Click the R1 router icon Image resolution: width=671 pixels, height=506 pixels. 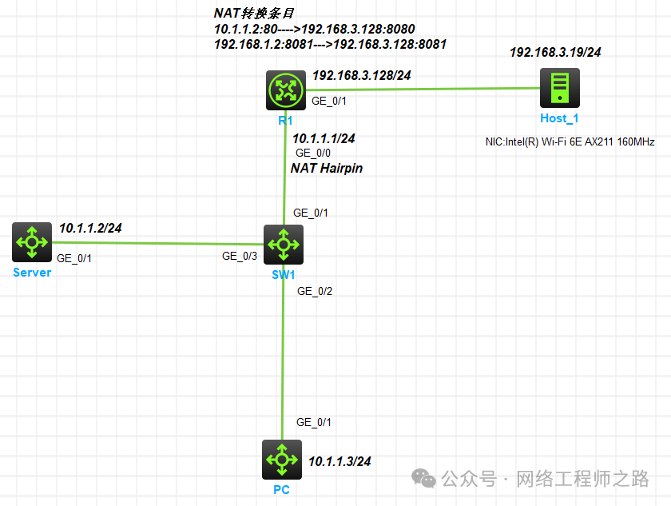(286, 90)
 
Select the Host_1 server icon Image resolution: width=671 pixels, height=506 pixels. (559, 88)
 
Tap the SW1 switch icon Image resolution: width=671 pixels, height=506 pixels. (284, 244)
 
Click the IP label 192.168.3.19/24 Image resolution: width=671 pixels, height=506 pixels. (555, 53)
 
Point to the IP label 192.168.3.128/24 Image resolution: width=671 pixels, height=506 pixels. (361, 76)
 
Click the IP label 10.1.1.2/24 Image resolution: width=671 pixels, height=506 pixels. (90, 228)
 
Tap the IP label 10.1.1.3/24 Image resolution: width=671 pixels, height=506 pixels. (339, 461)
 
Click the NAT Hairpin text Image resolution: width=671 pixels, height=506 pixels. (326, 168)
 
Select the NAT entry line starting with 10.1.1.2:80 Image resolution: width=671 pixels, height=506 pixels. (314, 30)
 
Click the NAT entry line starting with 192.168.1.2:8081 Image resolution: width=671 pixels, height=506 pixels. (330, 45)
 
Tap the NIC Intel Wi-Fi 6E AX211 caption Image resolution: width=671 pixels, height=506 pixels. (570, 142)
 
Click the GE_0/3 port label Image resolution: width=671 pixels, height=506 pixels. (240, 257)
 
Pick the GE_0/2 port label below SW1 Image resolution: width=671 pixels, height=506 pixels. (314, 291)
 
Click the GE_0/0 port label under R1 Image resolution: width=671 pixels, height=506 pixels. (313, 153)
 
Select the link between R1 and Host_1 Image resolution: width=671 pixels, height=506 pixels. (439, 90)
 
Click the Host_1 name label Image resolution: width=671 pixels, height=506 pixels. (559, 118)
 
